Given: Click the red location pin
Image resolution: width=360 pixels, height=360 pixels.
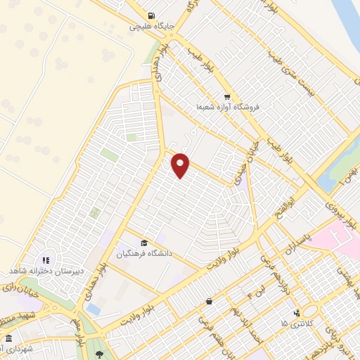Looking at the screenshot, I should pyautogui.click(x=181, y=165).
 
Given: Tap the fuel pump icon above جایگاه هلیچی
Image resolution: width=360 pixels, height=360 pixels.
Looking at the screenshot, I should pyautogui.click(x=151, y=16).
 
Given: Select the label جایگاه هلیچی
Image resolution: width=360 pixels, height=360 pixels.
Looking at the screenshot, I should pyautogui.click(x=151, y=27).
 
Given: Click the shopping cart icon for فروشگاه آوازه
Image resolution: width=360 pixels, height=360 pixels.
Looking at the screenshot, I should pyautogui.click(x=226, y=96).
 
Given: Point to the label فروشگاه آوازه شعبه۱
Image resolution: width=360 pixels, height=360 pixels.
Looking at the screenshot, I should pyautogui.click(x=228, y=107).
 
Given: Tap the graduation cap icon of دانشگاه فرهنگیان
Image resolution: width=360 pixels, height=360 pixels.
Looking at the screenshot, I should pyautogui.click(x=144, y=243).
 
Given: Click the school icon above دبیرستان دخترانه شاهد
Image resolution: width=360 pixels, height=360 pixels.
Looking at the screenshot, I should pyautogui.click(x=46, y=260).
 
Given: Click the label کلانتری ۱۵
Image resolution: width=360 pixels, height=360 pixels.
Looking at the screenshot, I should pyautogui.click(x=293, y=323).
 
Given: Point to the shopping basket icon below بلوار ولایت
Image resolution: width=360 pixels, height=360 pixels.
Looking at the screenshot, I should pyautogui.click(x=208, y=302).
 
